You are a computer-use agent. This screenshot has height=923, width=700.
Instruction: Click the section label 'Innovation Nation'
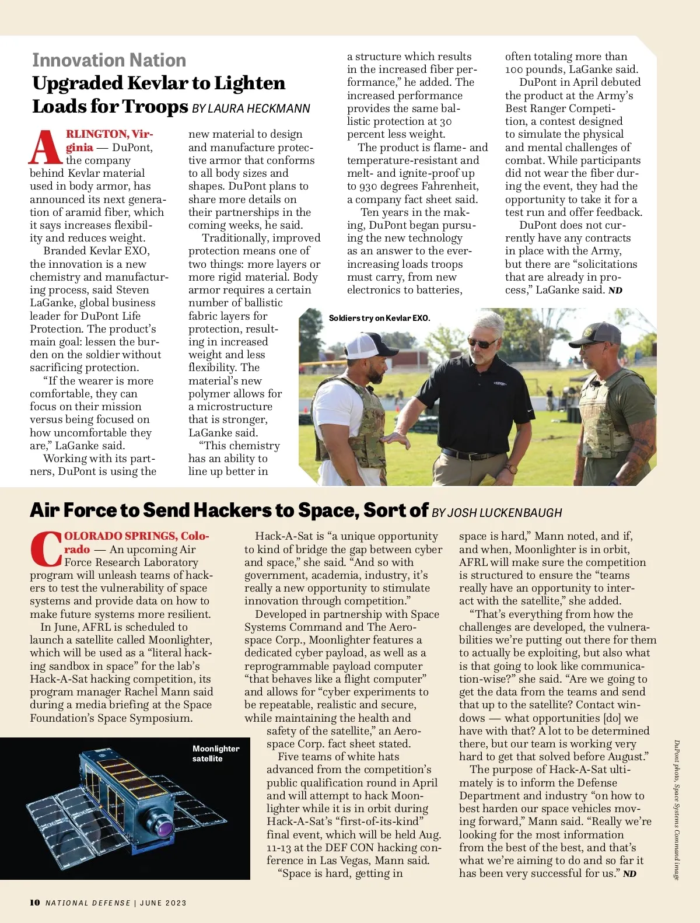[109, 60]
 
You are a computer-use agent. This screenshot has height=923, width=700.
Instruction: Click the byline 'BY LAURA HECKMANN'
[251, 109]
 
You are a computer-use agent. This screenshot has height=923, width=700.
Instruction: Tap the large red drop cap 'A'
[45, 148]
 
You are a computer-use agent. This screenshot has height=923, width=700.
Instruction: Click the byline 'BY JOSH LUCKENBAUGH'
[497, 513]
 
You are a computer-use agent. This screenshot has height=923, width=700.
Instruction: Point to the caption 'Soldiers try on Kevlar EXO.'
[379, 318]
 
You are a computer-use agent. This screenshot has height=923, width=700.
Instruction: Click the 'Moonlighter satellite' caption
[215, 753]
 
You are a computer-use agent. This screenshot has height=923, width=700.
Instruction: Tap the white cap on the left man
[365, 345]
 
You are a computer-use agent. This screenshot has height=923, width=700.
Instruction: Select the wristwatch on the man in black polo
[512, 469]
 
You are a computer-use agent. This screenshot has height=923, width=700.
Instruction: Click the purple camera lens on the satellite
[165, 826]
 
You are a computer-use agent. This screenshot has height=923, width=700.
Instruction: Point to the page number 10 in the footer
[35, 903]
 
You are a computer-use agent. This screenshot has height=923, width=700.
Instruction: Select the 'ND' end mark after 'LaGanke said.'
[615, 291]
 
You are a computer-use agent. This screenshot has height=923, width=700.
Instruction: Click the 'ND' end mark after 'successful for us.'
[629, 874]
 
